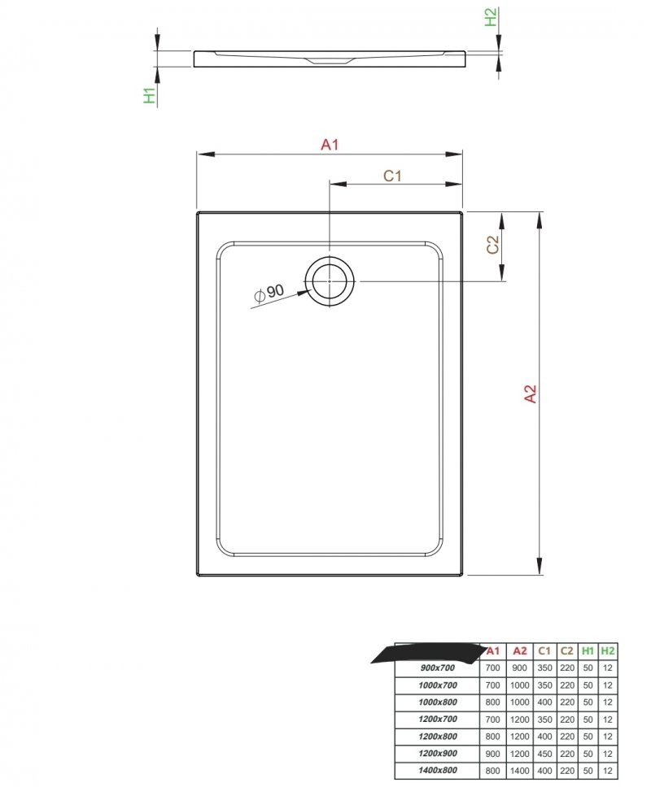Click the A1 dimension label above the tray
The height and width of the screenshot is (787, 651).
click(x=330, y=145)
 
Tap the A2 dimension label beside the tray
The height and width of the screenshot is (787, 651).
click(x=531, y=393)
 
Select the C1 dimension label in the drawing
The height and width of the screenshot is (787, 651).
click(x=392, y=176)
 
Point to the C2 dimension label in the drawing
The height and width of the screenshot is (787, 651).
click(x=493, y=245)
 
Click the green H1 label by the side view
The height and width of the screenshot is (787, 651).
click(x=150, y=95)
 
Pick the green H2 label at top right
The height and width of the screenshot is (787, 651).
click(x=490, y=16)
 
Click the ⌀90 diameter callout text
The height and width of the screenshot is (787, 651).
click(x=269, y=293)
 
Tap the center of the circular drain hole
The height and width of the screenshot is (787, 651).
click(x=329, y=280)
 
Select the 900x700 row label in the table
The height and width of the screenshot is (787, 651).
click(x=438, y=667)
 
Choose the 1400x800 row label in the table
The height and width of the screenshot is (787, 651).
click(x=438, y=770)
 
